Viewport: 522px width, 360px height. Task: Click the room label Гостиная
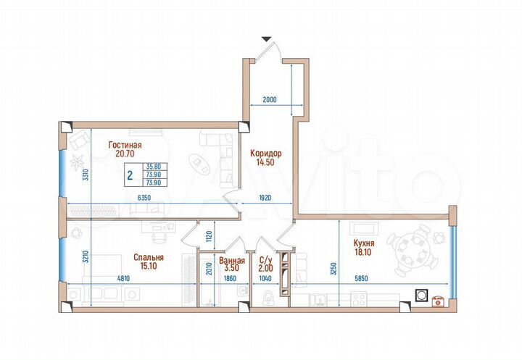(x=125, y=145)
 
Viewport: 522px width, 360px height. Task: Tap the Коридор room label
(x=265, y=154)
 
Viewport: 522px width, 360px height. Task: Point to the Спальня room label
(x=148, y=257)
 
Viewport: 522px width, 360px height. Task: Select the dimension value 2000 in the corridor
(x=270, y=100)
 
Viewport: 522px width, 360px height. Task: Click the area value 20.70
(x=125, y=154)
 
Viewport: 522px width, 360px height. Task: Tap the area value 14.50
(x=265, y=163)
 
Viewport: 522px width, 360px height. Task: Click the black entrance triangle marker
(x=267, y=38)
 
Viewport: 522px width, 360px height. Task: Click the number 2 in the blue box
(x=129, y=174)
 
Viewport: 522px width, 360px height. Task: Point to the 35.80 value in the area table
(x=154, y=167)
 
